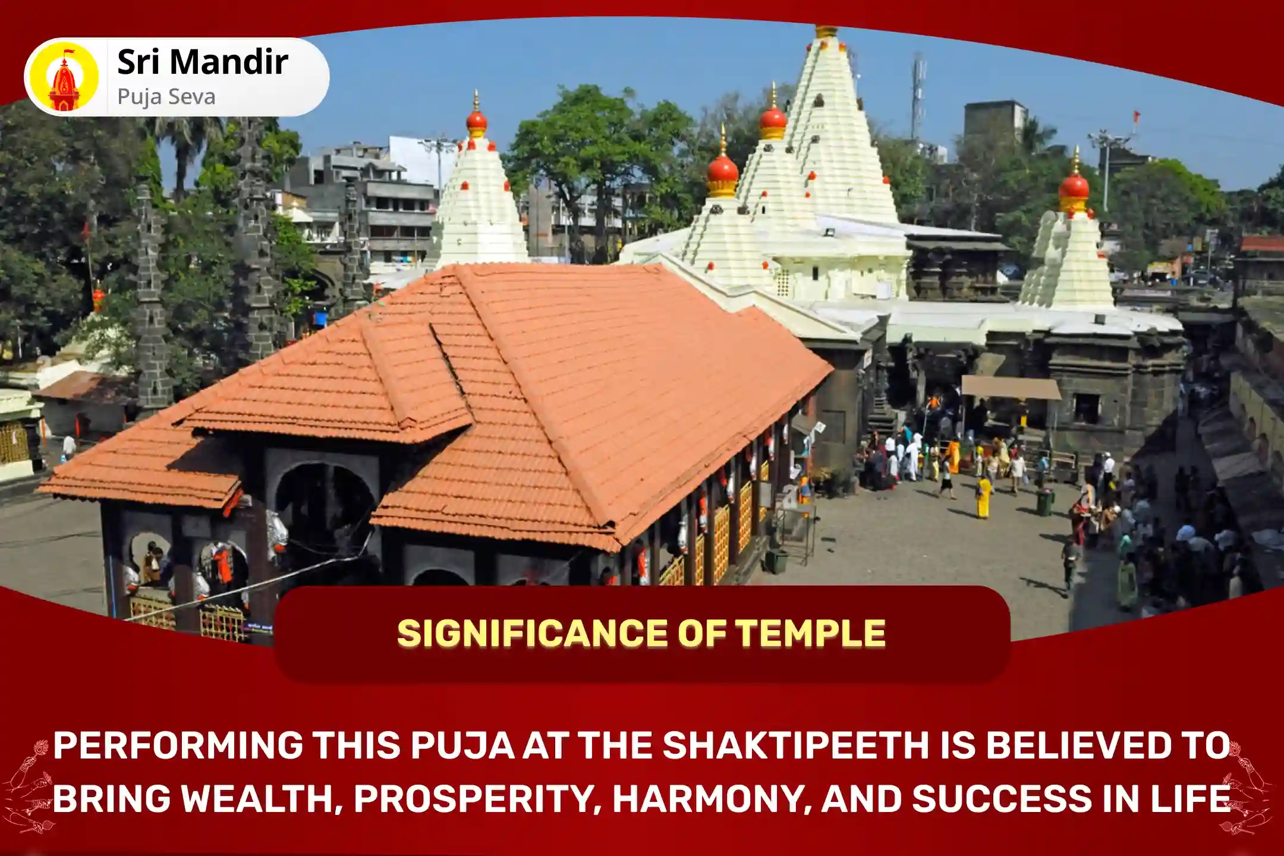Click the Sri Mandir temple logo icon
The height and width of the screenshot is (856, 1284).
[x=64, y=77]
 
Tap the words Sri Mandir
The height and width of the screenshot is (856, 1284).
[x=202, y=62]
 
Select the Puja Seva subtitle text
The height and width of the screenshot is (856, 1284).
[x=166, y=97]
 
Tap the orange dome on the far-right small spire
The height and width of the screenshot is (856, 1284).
[x=1074, y=185]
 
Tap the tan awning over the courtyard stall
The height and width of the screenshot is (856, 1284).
[x=1010, y=388]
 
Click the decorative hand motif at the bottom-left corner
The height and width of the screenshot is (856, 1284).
[x=27, y=785]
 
